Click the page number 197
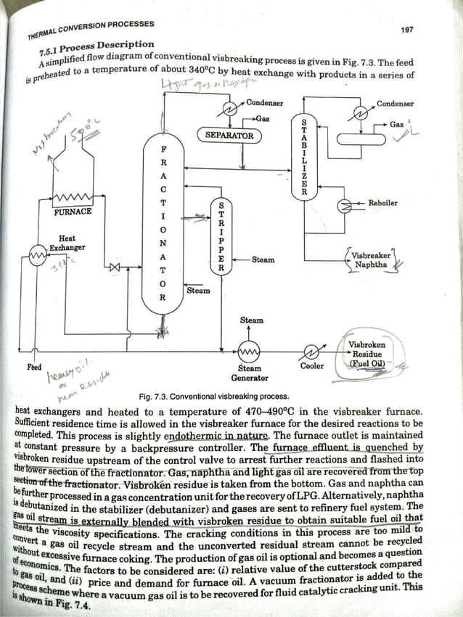tap(407, 30)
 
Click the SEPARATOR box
tap(229, 136)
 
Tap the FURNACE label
tap(73, 212)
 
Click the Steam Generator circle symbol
tap(249, 351)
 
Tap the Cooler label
tap(313, 366)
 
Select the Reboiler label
tap(383, 203)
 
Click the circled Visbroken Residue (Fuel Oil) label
tap(366, 354)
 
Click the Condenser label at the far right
tap(396, 104)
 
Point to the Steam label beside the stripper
tap(263, 259)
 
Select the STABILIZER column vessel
tap(303, 156)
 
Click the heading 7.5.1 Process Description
tap(99, 47)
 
